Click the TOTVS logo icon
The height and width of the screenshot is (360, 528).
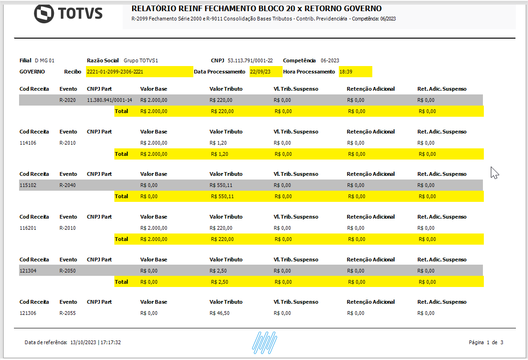click(x=44, y=13)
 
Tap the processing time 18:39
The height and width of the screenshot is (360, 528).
click(x=346, y=72)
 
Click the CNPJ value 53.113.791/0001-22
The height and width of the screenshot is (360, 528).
click(x=257, y=60)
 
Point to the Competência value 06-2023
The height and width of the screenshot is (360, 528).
click(x=330, y=60)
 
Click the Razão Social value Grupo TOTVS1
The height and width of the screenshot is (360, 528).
click(x=141, y=60)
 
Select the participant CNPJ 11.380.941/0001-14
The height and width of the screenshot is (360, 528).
click(x=109, y=100)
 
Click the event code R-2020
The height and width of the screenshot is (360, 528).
click(x=67, y=100)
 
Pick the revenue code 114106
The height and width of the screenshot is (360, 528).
click(x=28, y=143)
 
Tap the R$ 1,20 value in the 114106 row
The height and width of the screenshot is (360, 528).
click(x=218, y=143)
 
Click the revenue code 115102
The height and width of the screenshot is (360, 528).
click(x=28, y=185)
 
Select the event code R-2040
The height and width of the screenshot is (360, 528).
click(x=67, y=185)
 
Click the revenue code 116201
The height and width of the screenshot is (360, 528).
click(x=28, y=228)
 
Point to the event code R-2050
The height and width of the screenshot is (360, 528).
click(x=67, y=271)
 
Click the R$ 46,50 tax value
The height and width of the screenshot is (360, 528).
click(x=219, y=313)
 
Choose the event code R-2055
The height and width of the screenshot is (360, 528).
click(x=67, y=313)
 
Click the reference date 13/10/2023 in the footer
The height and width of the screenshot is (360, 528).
click(x=83, y=342)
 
